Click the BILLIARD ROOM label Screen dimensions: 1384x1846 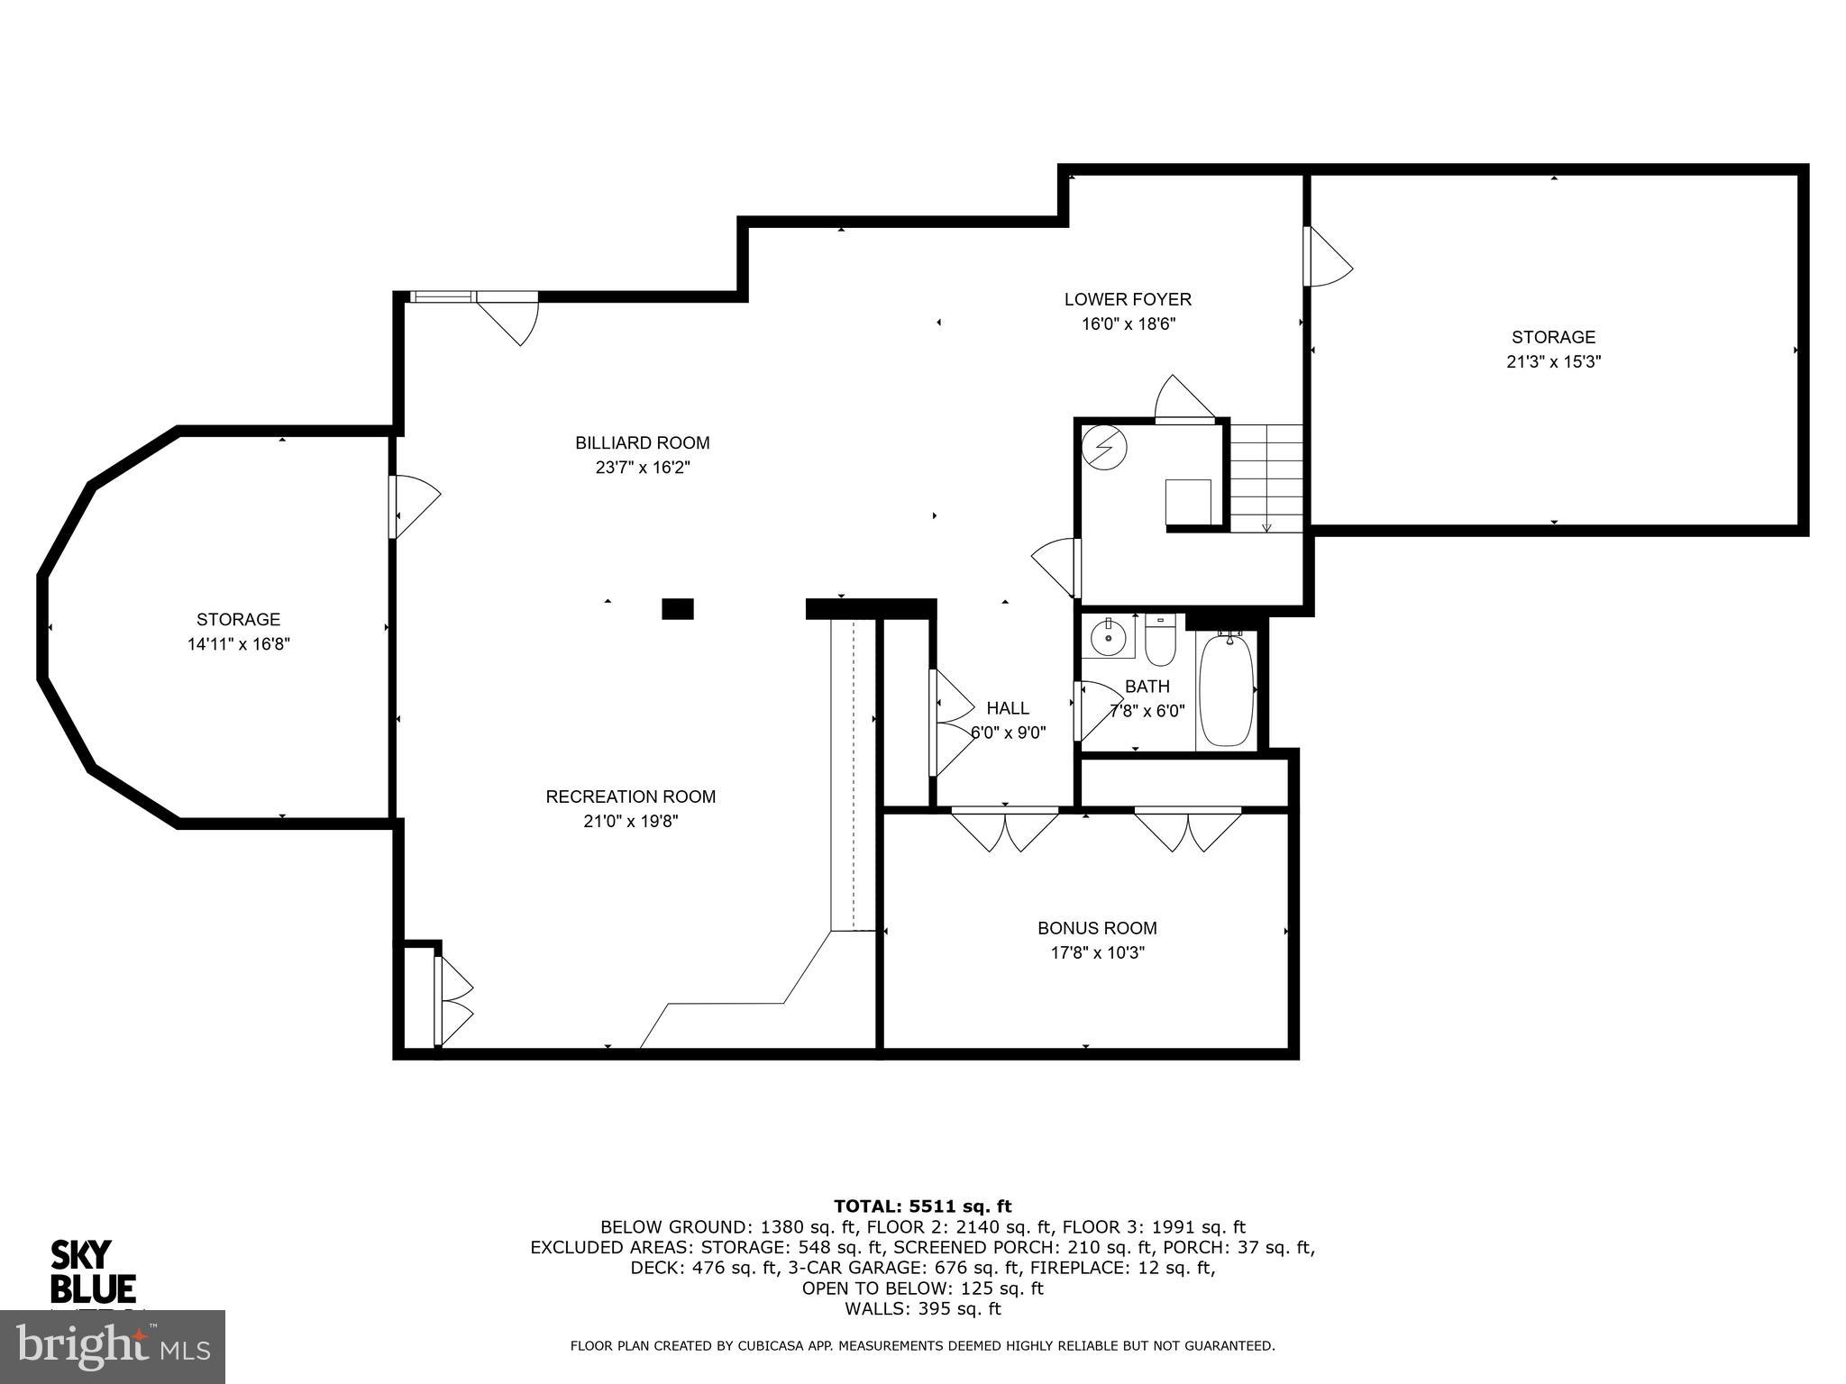coord(642,442)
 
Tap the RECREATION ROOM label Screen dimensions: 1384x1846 coord(630,797)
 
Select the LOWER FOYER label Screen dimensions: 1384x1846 coord(1128,299)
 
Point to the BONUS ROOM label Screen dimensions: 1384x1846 coord(1097,928)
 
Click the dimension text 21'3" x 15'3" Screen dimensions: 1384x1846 coord(1553,362)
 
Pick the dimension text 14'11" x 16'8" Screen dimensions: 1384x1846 coord(238,644)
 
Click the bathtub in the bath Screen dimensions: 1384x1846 coord(1227,689)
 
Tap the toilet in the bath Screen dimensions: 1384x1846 coord(1160,641)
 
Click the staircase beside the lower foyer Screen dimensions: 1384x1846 coord(1267,478)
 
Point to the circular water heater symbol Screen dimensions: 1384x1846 coord(1104,447)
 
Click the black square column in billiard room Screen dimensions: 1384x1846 coord(678,609)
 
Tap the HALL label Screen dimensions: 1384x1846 coord(1007,708)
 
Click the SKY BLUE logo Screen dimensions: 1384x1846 coord(92,1272)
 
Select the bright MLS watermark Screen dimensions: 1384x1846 coord(113,1346)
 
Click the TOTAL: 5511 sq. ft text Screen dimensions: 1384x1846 coord(922,1206)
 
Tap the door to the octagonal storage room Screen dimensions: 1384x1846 coord(413,506)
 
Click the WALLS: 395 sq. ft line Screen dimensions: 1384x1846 coord(922,1309)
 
